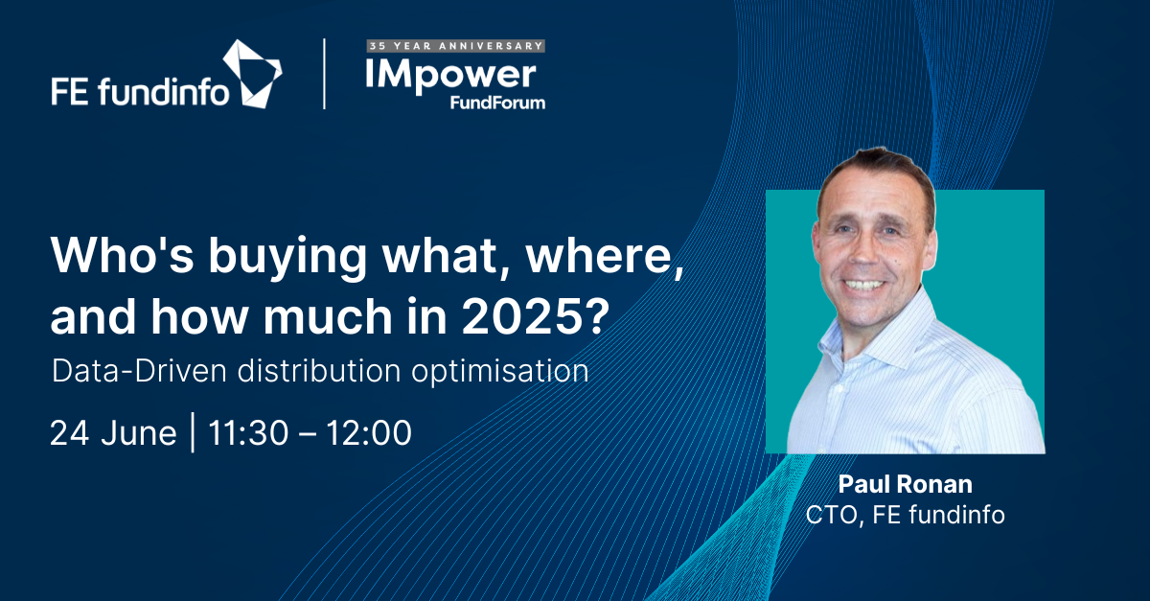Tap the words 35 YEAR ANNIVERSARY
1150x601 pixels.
tap(456, 46)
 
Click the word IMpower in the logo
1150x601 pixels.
tap(451, 76)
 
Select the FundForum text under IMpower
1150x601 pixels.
tap(497, 103)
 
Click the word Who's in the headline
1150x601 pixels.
tap(123, 255)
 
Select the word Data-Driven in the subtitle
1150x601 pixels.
tap(139, 371)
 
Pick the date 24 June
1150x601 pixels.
tap(113, 433)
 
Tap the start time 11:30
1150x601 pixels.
tap(248, 432)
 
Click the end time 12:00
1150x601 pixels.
tap(369, 432)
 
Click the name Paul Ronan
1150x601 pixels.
tap(905, 484)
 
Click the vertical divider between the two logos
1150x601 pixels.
tap(325, 74)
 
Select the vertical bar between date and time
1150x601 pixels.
tap(193, 432)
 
